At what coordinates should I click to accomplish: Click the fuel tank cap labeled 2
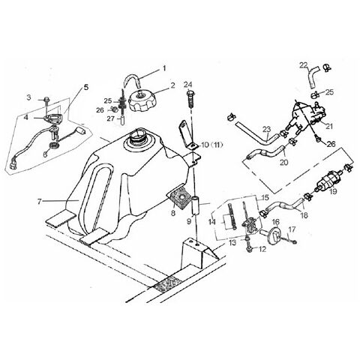tap(142, 101)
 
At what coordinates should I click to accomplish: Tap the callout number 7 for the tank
tap(39, 201)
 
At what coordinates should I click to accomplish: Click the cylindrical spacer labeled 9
tap(196, 205)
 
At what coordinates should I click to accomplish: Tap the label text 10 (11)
tap(211, 145)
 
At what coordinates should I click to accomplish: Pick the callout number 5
tap(86, 88)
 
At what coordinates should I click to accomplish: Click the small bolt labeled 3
tap(47, 100)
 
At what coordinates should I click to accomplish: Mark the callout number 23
tap(266, 129)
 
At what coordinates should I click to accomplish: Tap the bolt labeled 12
tap(249, 248)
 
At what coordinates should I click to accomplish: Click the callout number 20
tap(283, 163)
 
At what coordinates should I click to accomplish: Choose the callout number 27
tap(110, 118)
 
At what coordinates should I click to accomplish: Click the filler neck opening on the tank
tap(136, 138)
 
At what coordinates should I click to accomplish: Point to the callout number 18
tap(304, 215)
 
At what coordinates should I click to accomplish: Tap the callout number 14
tap(212, 221)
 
